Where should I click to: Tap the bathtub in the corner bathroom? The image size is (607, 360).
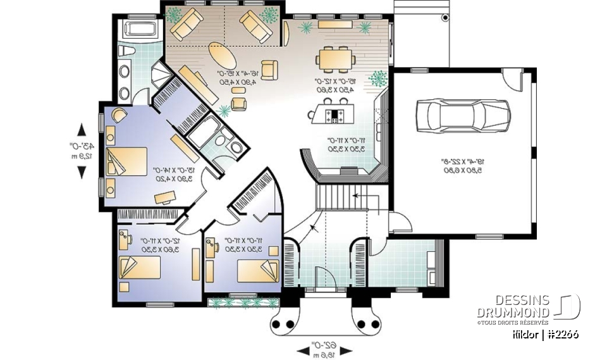[138, 28]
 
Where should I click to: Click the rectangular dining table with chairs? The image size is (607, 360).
[336, 60]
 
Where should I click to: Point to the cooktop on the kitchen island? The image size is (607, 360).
[334, 116]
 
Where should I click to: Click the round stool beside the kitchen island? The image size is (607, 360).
[312, 115]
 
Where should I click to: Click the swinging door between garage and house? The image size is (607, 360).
[400, 222]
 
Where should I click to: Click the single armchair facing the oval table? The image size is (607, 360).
[269, 70]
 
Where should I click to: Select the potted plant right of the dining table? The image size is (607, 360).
[378, 78]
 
